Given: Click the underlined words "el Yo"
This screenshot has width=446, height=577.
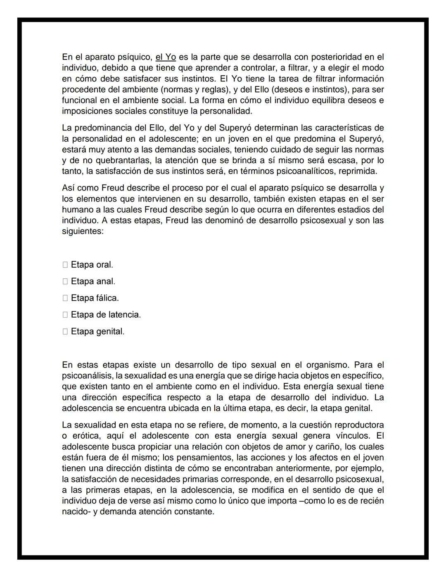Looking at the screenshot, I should click(x=166, y=57).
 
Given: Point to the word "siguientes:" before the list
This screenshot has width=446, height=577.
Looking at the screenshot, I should click(x=83, y=231).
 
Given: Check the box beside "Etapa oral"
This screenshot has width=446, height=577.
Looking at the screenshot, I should click(x=65, y=265).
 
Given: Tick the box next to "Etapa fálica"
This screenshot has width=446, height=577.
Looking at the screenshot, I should click(x=65, y=298).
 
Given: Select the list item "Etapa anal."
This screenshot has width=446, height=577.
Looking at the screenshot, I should click(x=93, y=281).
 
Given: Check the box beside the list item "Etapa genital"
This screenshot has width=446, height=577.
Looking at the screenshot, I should click(x=65, y=332).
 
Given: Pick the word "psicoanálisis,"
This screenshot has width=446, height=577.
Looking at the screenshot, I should click(x=87, y=376).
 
